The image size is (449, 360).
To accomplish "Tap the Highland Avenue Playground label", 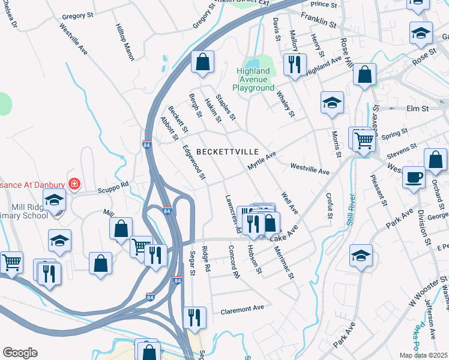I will coord(253,80).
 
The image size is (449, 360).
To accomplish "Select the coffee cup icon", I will coord(414,177).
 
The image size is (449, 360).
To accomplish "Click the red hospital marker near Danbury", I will coord(74,183).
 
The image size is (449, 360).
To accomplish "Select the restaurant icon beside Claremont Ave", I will coord(194,317).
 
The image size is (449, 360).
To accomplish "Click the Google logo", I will coord(20,353).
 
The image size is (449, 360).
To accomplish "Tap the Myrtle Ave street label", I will coord(262,160).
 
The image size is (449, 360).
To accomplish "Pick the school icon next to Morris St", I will coord(331,102).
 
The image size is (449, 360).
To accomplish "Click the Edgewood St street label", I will coord(194,162).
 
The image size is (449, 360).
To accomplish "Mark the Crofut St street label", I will coord(329,205).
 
